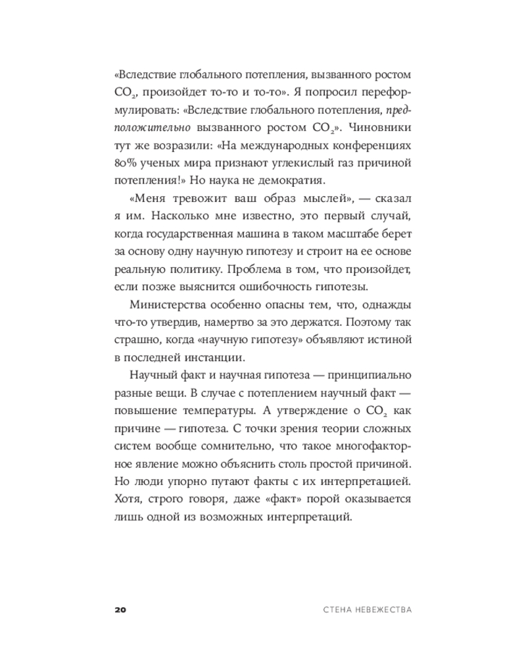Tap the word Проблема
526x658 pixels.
[x=292, y=269]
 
